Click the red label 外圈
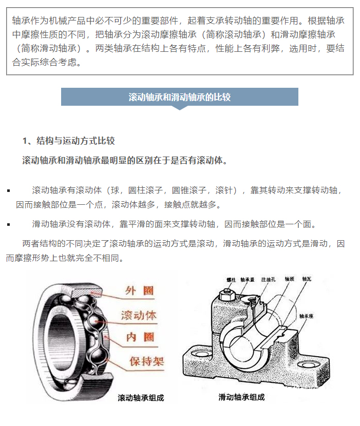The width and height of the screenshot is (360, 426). [140, 291]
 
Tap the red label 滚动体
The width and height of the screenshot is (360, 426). [139, 315]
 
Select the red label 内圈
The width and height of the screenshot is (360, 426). [140, 337]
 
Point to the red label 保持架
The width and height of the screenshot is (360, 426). [147, 361]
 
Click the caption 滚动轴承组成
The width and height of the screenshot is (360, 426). [141, 398]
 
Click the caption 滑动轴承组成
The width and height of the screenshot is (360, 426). [241, 397]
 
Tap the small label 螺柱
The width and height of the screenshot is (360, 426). [231, 280]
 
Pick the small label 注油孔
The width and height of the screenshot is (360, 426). [269, 279]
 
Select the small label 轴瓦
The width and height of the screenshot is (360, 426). [307, 279]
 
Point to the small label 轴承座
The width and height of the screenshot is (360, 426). [306, 316]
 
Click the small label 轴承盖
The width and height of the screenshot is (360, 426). [248, 280]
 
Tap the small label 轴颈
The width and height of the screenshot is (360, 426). [289, 279]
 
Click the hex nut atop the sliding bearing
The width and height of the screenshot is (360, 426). [225, 295]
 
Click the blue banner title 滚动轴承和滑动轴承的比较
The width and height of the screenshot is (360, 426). [179, 97]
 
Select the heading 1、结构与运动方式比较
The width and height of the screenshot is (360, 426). [68, 141]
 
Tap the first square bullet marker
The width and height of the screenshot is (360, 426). [9, 191]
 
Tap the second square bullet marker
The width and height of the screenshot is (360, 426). [9, 225]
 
